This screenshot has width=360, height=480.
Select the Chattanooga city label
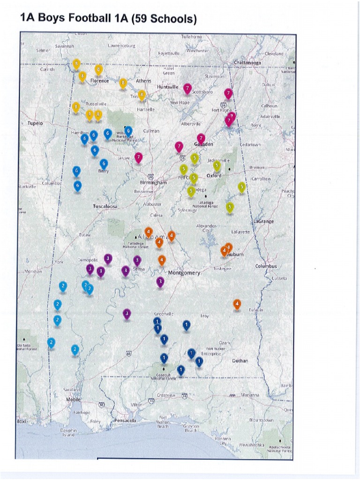(247, 62)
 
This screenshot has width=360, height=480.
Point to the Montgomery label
(184, 273)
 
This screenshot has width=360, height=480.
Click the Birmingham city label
(153, 182)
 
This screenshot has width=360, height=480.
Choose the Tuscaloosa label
(105, 206)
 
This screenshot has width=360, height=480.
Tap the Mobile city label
(73, 399)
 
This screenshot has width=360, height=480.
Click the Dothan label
(240, 361)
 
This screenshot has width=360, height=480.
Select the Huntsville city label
(167, 87)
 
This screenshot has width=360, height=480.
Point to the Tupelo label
(35, 123)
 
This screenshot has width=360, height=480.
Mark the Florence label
(99, 81)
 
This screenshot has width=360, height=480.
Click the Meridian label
(33, 271)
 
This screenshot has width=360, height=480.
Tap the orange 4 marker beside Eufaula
(237, 304)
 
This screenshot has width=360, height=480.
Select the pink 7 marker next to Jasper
(138, 157)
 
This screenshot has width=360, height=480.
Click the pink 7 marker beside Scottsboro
(187, 88)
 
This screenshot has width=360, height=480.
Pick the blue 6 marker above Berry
(104, 164)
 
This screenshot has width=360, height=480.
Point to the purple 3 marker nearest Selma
(137, 260)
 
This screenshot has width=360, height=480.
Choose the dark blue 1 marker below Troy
(186, 324)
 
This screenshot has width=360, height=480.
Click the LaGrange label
(263, 221)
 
